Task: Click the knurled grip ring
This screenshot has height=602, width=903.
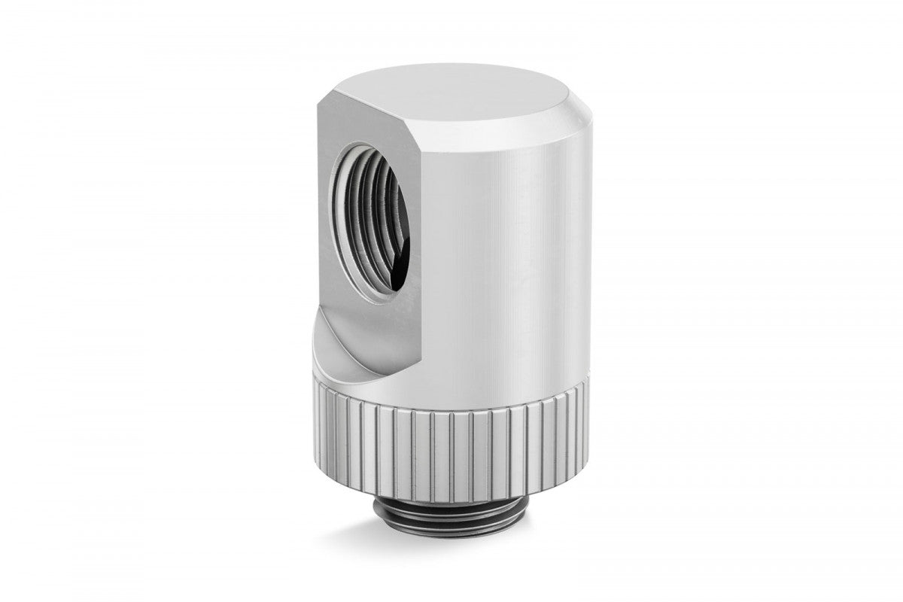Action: (451, 444)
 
